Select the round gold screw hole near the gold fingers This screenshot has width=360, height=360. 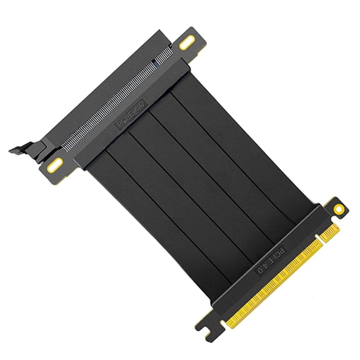point(338,208)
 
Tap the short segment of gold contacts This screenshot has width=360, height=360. point(327,231)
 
